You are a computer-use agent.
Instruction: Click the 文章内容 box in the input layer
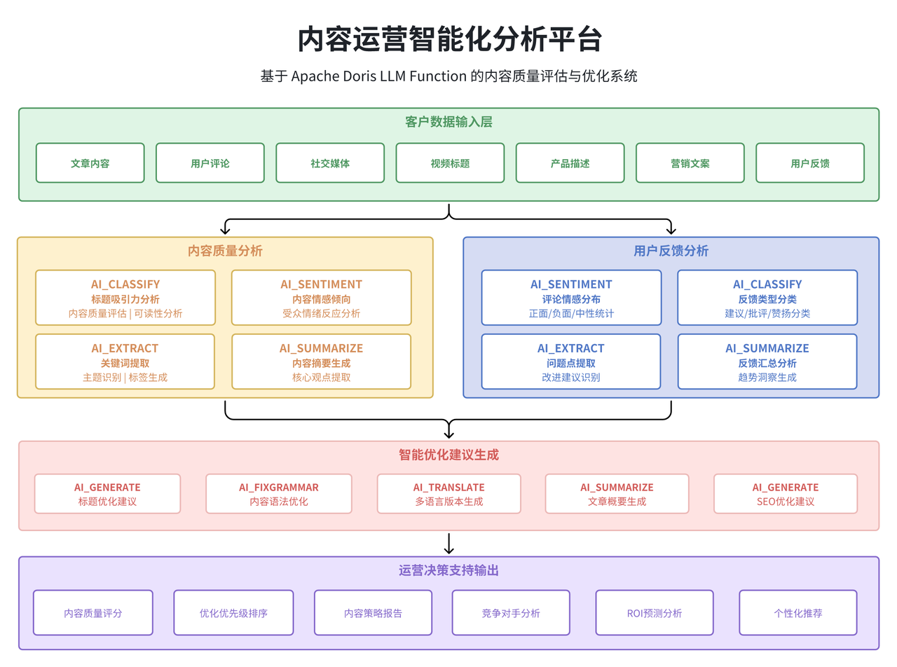(x=90, y=163)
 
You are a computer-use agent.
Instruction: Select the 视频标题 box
(x=450, y=163)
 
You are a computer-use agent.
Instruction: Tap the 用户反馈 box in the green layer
(x=809, y=163)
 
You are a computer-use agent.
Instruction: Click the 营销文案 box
(x=690, y=163)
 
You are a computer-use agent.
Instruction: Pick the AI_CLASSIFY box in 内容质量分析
(x=125, y=298)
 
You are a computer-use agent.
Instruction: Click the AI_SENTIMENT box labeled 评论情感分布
(x=571, y=298)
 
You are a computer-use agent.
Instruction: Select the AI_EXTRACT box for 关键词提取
(x=125, y=362)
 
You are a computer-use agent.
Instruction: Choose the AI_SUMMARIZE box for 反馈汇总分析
(x=767, y=362)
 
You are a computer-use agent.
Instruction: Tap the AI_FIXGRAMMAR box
(x=278, y=493)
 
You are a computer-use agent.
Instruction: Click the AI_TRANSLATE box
(x=448, y=493)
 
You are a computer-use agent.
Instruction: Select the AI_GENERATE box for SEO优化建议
(x=785, y=493)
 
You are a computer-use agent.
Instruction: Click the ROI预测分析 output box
(x=654, y=612)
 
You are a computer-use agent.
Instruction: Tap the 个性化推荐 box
(x=797, y=612)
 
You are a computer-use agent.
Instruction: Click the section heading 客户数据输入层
(x=448, y=122)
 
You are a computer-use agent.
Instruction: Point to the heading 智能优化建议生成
(x=448, y=455)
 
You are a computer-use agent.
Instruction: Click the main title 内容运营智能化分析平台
(x=448, y=39)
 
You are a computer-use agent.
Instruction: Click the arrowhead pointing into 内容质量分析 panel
(x=225, y=230)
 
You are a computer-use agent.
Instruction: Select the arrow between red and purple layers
(x=449, y=544)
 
